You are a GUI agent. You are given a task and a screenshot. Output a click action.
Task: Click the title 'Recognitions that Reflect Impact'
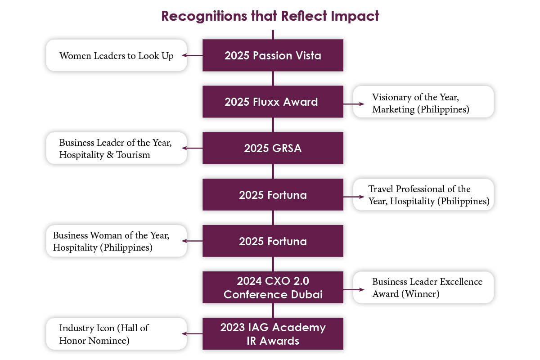[270, 16]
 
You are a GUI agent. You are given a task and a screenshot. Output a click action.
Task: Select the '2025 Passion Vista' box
[273, 55]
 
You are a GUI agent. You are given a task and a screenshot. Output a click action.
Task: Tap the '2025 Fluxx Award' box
[273, 102]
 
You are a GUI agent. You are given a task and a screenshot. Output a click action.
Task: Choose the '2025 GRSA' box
[273, 148]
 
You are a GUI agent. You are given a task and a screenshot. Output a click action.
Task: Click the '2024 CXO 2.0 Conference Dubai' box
[273, 287]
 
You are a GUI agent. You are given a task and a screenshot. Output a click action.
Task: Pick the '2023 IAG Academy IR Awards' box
[273, 334]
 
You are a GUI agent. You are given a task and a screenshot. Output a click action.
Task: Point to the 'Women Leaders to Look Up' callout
[117, 55]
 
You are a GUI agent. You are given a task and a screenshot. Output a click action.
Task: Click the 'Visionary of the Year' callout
[423, 102]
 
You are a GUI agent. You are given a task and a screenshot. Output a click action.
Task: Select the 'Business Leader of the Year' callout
[117, 148]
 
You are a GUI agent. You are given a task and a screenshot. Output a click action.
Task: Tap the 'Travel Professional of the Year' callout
[423, 194]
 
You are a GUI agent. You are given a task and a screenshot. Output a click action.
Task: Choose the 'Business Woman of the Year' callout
[117, 241]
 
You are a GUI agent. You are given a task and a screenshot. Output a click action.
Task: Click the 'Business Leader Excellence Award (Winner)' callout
[423, 288]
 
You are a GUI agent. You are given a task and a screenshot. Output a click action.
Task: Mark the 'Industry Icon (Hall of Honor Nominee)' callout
[117, 334]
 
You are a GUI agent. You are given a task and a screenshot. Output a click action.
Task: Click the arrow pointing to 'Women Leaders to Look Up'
[192, 55]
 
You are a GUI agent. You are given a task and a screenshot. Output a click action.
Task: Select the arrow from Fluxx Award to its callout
[354, 104]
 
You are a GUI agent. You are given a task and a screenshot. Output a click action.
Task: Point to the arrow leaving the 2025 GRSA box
[192, 148]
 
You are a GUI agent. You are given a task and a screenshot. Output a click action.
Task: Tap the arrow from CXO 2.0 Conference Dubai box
[354, 290]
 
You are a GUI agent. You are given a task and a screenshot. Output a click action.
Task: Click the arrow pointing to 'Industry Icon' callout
[192, 334]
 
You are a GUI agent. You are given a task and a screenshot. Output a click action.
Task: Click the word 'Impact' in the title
[355, 16]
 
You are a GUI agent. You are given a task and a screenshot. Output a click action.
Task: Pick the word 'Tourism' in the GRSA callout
[133, 154]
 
